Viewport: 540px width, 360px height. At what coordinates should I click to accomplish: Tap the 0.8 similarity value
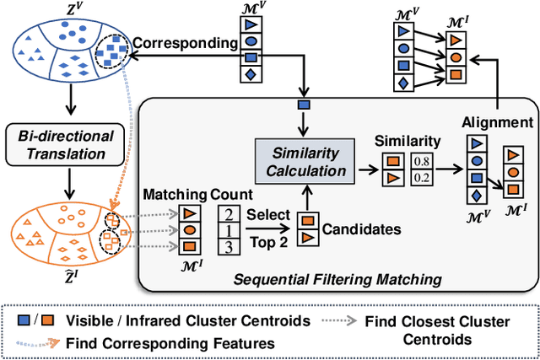coord(421,162)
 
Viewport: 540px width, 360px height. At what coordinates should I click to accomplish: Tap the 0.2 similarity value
coord(421,178)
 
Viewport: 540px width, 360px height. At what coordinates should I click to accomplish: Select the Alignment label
coord(497,123)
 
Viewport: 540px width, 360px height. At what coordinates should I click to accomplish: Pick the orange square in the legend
coord(50,321)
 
